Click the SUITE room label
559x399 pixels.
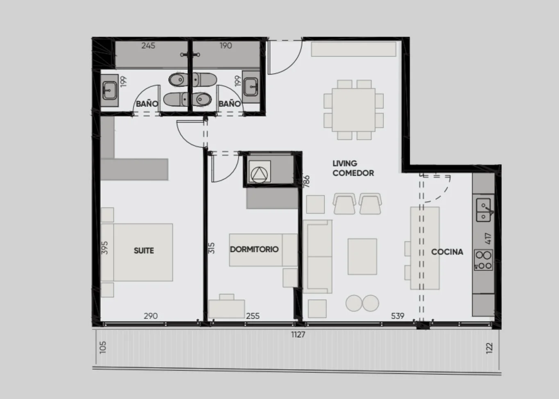144,251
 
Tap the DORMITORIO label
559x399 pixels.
254,249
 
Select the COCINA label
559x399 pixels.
447,252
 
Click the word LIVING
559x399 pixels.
345,163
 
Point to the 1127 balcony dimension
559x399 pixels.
298,334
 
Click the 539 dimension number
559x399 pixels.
398,316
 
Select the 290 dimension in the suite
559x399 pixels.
151,316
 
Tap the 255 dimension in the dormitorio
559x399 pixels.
253,316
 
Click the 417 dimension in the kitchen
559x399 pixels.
488,238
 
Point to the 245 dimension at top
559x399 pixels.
148,45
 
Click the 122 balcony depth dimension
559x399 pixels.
490,348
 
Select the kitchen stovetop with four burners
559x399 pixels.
483,260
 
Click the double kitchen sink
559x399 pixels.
484,210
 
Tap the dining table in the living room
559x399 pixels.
353,110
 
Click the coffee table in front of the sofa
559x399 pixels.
362,256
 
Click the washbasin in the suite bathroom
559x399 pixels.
109,90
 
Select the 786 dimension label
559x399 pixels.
306,181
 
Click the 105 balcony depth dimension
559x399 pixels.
103,347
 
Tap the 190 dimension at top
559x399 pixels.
226,45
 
